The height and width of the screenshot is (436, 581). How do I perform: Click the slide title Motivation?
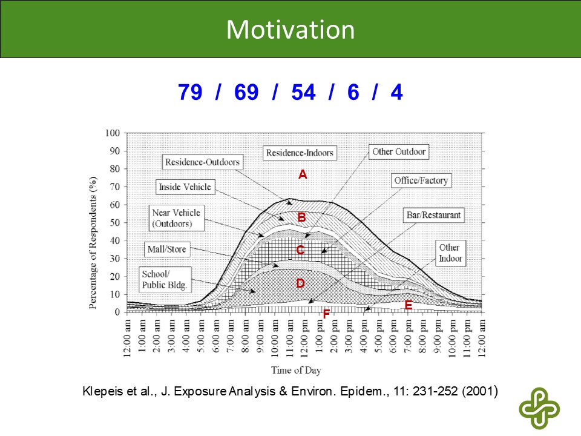click(290, 30)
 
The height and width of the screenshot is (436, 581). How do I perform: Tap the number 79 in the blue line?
click(191, 93)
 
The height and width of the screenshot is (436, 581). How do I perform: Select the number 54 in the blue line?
click(303, 93)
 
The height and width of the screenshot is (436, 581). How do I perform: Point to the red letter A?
click(303, 174)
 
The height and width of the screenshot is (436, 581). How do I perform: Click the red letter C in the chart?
click(300, 249)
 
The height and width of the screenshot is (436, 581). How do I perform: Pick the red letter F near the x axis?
click(326, 314)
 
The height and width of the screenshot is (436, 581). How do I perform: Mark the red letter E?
click(409, 306)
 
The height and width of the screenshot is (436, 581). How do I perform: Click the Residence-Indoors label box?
click(300, 153)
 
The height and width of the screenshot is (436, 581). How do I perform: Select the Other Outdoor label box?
click(399, 151)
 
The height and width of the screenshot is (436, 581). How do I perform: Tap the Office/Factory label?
click(421, 180)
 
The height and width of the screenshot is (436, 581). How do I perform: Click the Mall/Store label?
click(166, 249)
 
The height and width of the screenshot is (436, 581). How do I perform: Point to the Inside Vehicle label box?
click(185, 187)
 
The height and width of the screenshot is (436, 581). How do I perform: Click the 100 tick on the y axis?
click(113, 133)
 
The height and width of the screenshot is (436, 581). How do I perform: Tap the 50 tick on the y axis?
click(115, 222)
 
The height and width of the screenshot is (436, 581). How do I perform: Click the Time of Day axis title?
click(296, 370)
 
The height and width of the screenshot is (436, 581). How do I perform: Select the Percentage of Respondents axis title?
click(93, 243)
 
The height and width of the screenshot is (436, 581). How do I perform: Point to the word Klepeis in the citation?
click(100, 391)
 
